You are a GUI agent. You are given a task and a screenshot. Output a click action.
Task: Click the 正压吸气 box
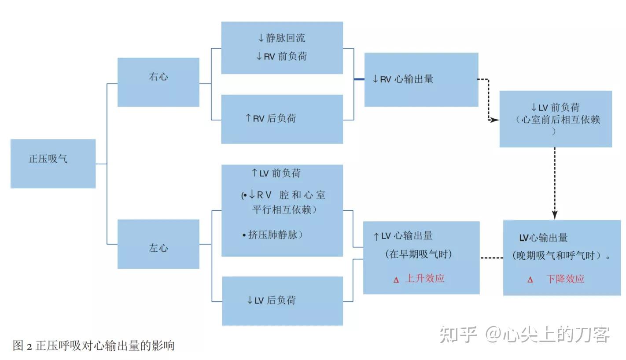click(x=53, y=164)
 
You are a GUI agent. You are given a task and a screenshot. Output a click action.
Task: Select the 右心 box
click(x=158, y=82)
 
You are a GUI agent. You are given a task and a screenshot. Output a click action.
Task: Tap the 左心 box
click(x=158, y=244)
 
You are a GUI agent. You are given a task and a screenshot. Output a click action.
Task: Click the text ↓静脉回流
click(x=281, y=38)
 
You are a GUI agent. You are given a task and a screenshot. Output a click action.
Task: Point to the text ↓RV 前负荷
click(x=281, y=57)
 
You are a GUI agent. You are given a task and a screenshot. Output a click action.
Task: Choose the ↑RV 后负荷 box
click(x=282, y=119)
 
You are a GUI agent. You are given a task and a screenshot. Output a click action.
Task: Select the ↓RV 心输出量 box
click(x=421, y=80)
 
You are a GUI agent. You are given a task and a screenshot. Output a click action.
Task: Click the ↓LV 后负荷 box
click(x=282, y=301)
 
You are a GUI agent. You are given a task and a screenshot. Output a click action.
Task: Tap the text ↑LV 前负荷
click(x=276, y=173)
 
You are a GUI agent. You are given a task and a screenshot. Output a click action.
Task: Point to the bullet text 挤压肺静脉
click(x=275, y=235)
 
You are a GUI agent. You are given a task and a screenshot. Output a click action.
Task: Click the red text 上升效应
click(x=424, y=278)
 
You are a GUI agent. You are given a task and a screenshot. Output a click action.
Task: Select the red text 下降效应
click(x=565, y=279)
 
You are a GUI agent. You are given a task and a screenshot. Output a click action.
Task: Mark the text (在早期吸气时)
click(x=418, y=254)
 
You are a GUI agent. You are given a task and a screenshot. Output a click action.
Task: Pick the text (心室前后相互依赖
click(x=558, y=120)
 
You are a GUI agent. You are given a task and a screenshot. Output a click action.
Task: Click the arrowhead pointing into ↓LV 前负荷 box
click(x=495, y=120)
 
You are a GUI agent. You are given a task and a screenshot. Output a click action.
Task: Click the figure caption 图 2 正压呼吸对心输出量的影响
click(x=94, y=346)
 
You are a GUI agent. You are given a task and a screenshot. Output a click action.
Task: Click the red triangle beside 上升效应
click(x=396, y=280)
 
